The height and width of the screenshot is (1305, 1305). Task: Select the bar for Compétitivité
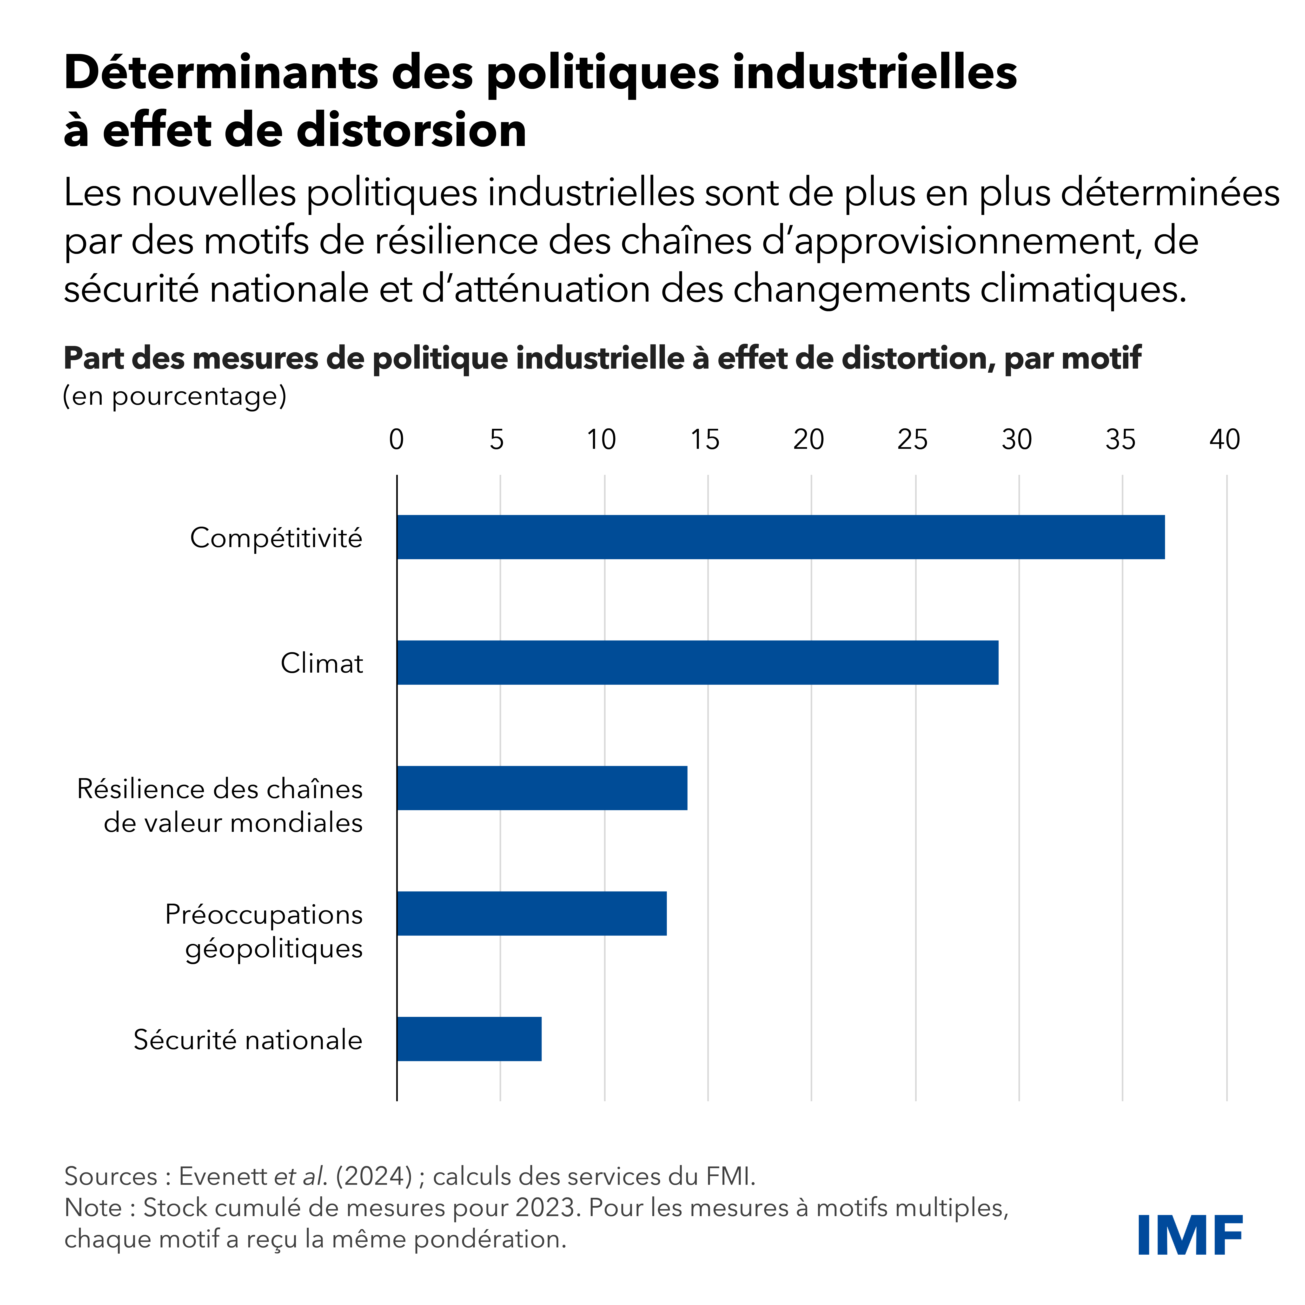[780, 537]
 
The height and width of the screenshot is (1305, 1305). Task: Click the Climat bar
[697, 663]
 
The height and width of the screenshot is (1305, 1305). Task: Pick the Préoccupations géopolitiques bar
[532, 913]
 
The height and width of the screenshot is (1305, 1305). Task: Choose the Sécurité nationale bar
[469, 1039]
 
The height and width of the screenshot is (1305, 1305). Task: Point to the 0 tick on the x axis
[397, 440]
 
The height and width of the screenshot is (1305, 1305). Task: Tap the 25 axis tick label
[913, 440]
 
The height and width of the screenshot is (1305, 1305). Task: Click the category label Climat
[322, 663]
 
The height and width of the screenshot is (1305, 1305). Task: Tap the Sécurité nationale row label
[248, 1040]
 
